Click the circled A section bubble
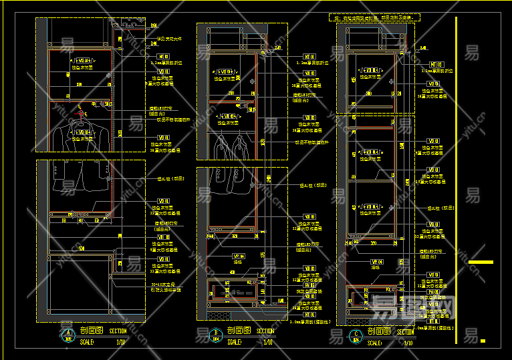pos(67,335)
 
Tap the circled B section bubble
pos(216,335)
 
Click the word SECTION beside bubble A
pos(117,331)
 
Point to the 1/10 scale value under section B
pos(267,342)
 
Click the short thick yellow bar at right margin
pos(481,262)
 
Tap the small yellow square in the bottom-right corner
pos(483,341)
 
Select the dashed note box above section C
pos(372,17)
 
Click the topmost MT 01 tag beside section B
pos(309,57)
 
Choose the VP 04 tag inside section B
pos(238,256)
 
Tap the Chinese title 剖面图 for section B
pos(239,331)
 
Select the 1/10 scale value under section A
pos(121,342)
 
